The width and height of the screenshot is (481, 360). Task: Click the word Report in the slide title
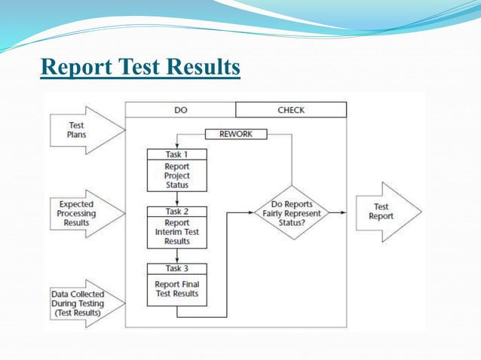point(75,67)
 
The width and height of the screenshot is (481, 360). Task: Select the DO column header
point(180,110)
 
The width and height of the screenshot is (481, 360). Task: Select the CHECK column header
point(291,110)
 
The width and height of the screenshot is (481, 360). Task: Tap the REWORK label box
point(236,134)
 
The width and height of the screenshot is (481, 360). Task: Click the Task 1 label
point(177,154)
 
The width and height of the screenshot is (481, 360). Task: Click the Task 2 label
point(177,212)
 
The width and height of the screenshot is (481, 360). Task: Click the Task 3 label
point(177,268)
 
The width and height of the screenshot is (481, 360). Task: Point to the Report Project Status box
point(177,175)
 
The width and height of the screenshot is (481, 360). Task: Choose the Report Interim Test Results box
point(177,233)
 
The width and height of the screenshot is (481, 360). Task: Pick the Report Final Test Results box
point(177,289)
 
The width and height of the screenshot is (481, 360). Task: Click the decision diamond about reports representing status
point(291,213)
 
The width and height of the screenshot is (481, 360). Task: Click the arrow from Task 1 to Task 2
point(177,199)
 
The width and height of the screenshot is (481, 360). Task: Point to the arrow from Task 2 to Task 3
point(177,256)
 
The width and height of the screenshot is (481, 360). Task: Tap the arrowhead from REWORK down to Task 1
point(177,145)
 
